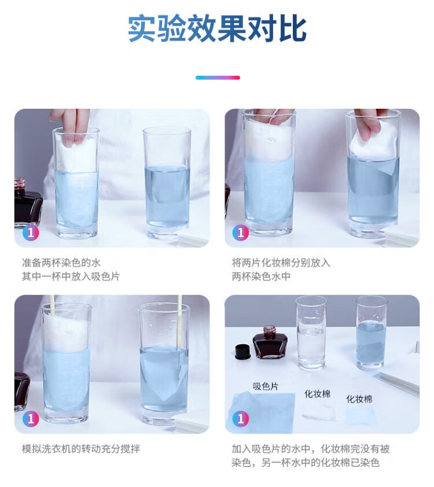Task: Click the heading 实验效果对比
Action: click(217, 28)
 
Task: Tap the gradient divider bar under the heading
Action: click(218, 78)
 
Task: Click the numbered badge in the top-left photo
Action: click(31, 233)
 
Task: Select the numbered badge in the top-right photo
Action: click(241, 233)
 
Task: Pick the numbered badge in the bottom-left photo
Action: click(31, 419)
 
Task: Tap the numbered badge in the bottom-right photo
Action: click(241, 419)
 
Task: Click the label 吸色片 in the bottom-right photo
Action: click(266, 386)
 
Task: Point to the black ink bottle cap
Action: click(243, 351)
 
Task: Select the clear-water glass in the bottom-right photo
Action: click(311, 333)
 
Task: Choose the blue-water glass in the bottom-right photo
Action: click(372, 333)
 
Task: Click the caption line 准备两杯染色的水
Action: click(61, 263)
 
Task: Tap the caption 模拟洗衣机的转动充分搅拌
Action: click(81, 449)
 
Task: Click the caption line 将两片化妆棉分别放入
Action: click(281, 263)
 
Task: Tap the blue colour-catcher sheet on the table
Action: click(263, 412)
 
